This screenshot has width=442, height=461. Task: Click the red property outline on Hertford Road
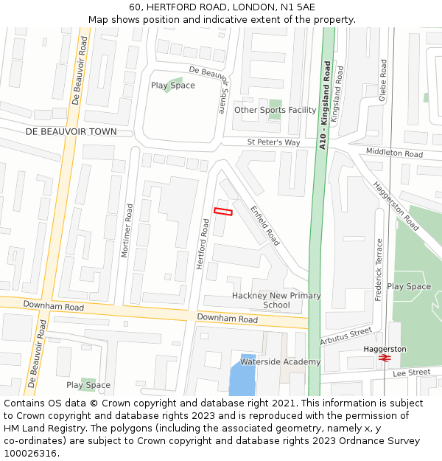[222, 212]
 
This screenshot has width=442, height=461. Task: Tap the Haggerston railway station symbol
[385, 358]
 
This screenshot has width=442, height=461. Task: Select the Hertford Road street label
[204, 243]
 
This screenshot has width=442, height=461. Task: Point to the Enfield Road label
[264, 226]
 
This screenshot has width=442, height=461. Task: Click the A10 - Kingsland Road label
[324, 105]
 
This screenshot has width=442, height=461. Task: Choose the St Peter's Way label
[273, 142]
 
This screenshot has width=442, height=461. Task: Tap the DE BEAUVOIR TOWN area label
[71, 132]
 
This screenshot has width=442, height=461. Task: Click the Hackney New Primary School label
[276, 300]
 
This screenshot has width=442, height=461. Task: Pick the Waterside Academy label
[280, 361]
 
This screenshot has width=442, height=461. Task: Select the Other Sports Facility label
[275, 110]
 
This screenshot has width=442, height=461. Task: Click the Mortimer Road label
[126, 231]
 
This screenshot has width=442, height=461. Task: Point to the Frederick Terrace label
[379, 268]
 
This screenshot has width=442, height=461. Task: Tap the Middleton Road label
[395, 153]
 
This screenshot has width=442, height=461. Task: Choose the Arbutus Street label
[346, 336]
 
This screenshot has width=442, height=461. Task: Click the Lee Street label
[411, 372]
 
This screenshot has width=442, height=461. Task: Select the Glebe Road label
[383, 80]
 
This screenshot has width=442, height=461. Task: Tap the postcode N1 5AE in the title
[298, 7]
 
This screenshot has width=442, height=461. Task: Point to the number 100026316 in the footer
[30, 454]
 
